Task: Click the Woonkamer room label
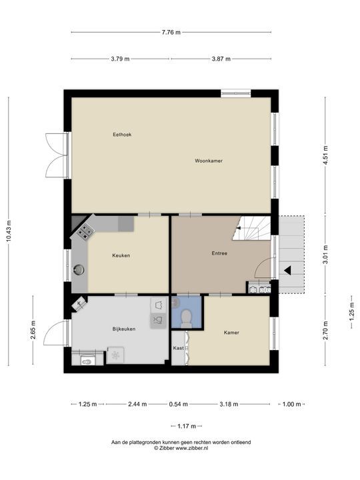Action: [x=209, y=161]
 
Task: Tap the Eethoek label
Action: [x=122, y=135]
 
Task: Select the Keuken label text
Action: [x=121, y=255]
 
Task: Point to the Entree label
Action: [x=219, y=253]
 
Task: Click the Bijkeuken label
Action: [x=124, y=329]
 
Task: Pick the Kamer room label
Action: [x=231, y=333]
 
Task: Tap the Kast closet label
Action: [x=179, y=348]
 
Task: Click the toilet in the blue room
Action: [x=186, y=318]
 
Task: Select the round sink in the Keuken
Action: [x=79, y=270]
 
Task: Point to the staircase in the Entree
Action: [x=251, y=228]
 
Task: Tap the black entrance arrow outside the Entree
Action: [x=287, y=270]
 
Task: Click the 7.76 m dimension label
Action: [x=171, y=32]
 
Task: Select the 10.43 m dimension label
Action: [x=9, y=231]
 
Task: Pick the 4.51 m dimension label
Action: [x=325, y=155]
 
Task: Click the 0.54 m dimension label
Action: [x=179, y=404]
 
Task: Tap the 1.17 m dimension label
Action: [x=187, y=426]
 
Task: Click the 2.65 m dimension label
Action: [x=33, y=330]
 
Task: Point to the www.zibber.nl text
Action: [x=192, y=448]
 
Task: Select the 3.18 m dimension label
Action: [x=229, y=404]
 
